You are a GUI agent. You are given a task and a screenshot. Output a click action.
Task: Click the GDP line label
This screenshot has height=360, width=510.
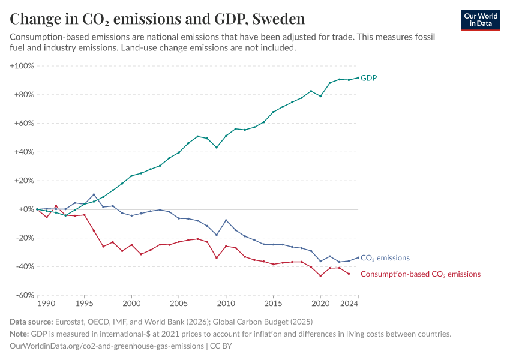pyautogui.click(x=368, y=78)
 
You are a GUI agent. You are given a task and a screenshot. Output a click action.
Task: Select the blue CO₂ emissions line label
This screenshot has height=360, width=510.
pyautogui.click(x=385, y=258)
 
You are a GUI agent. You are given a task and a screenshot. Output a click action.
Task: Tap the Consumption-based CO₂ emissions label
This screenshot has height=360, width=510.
pyautogui.click(x=421, y=274)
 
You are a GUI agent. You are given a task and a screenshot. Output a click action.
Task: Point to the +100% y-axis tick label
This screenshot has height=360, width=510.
pyautogui.click(x=22, y=65)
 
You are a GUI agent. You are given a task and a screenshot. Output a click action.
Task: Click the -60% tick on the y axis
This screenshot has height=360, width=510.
pyautogui.click(x=24, y=295)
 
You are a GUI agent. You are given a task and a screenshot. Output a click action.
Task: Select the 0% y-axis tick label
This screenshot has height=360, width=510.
pyautogui.click(x=27, y=209)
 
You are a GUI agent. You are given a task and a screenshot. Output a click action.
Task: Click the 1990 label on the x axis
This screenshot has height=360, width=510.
pyautogui.click(x=38, y=305)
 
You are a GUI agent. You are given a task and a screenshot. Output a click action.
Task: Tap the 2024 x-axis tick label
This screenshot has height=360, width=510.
pyautogui.click(x=350, y=305)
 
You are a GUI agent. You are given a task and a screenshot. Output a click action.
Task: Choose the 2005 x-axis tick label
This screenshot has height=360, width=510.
pyautogui.click(x=179, y=305)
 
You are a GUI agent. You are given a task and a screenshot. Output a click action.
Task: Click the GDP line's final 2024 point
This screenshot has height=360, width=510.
pyautogui.click(x=358, y=77)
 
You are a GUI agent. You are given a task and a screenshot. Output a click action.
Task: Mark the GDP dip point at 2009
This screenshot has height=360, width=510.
pyautogui.click(x=217, y=148)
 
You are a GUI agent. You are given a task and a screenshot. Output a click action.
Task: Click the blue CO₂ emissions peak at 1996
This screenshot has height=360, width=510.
pyautogui.click(x=94, y=194)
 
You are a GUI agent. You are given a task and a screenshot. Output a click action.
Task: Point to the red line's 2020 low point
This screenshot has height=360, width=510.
pyautogui.click(x=320, y=275)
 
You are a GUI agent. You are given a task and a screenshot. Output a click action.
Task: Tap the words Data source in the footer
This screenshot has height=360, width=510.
pyautogui.click(x=31, y=322)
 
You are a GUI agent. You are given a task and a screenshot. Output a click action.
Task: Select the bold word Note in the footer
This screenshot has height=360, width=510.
pyautogui.click(x=20, y=334)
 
